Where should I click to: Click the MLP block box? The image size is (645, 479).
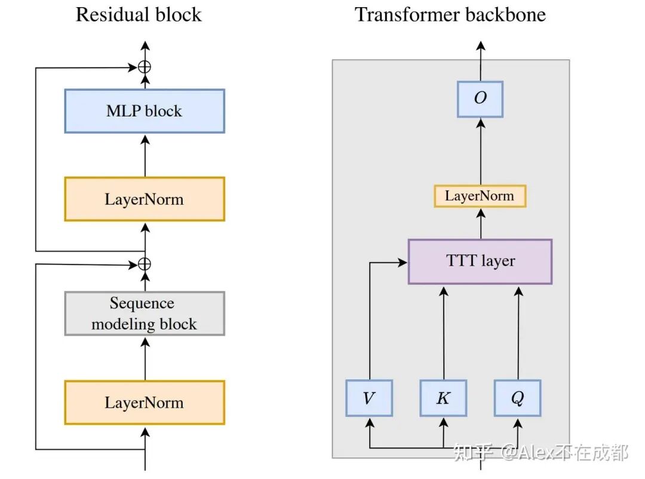145,111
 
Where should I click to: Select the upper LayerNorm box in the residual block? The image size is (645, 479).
145,199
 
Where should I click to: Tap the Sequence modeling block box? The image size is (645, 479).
145,314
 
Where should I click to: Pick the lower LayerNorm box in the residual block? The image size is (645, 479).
145,402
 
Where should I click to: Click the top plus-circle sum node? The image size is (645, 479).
145,67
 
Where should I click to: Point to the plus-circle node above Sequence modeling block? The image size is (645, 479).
145,263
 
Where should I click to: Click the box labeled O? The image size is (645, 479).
480,99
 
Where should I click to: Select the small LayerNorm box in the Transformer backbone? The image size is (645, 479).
480,196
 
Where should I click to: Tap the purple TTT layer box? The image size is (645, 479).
480,261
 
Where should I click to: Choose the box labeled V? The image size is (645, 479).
369,398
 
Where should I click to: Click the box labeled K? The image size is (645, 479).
443,398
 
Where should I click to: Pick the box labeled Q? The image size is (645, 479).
517,398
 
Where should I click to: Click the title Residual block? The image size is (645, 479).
139,14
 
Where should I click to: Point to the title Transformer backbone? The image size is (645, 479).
450,14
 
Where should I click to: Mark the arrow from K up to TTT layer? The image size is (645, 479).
443,334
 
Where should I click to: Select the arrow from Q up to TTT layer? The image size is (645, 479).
518,334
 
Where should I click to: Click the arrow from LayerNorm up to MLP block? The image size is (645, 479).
145,155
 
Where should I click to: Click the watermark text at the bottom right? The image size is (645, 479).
540,452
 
